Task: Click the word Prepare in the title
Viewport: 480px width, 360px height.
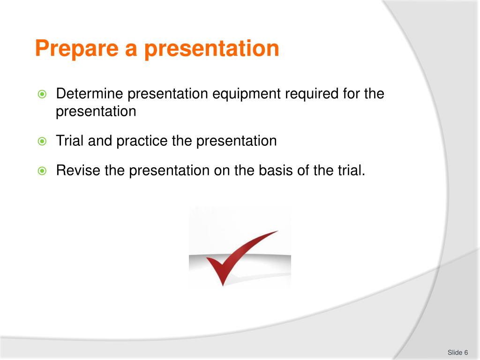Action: pyautogui.click(x=77, y=48)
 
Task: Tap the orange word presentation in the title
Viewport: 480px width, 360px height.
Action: pyautogui.click(x=211, y=48)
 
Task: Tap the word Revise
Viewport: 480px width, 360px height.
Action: pyautogui.click(x=78, y=170)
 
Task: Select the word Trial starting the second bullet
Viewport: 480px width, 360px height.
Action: pyautogui.click(x=70, y=141)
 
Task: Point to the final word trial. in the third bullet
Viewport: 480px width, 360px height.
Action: pyautogui.click(x=352, y=170)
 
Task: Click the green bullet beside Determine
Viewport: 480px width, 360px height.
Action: pyautogui.click(x=42, y=94)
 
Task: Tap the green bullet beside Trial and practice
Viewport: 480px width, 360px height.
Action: pyautogui.click(x=42, y=141)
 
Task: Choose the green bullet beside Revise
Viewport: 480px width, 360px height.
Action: pyautogui.click(x=42, y=171)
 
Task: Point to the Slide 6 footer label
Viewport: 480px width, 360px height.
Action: pyautogui.click(x=457, y=352)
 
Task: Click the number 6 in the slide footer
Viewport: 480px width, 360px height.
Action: pyautogui.click(x=466, y=352)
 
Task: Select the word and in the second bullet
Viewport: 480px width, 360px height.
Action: pyautogui.click(x=100, y=141)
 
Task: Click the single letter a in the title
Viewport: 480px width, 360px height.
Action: pyautogui.click(x=131, y=51)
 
